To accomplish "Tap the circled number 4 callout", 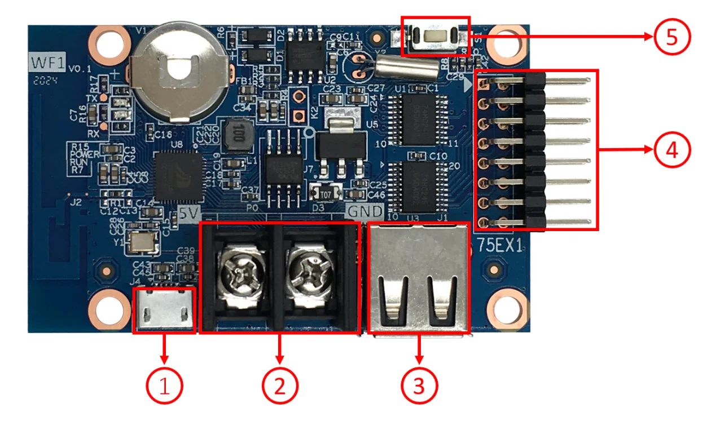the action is point(673,150).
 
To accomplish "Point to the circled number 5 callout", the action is point(673,37).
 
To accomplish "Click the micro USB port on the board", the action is point(164,310).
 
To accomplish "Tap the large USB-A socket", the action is point(418,279).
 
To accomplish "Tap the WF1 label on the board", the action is point(47,61).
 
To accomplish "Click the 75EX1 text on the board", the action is point(499,246).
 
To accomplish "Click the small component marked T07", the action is point(326,193).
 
